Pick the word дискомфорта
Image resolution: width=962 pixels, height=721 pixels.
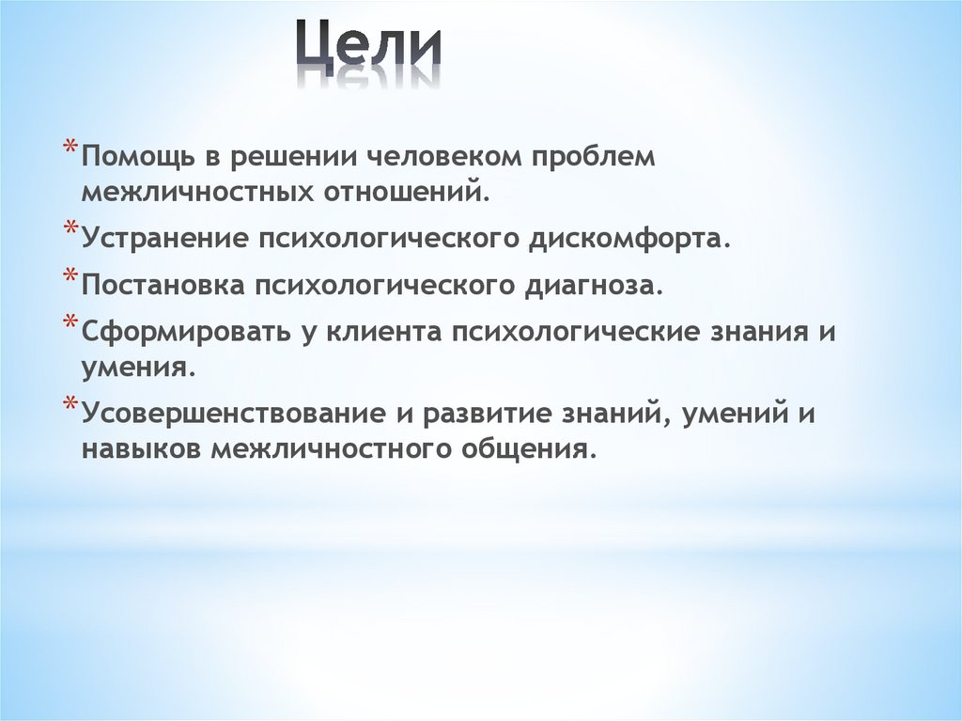click(x=628, y=238)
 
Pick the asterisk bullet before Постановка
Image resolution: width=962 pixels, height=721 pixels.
click(x=71, y=275)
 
